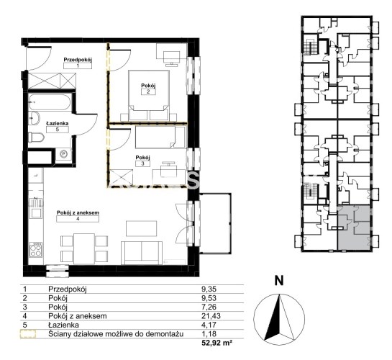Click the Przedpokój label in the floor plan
click(78, 60)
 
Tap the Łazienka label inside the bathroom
click(58, 123)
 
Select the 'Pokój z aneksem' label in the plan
click(78, 212)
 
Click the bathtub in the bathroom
click(50, 102)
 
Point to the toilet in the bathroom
click(36, 138)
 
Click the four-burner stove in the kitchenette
click(36, 249)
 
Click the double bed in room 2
click(148, 96)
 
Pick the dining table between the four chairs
click(84, 248)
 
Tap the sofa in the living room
click(142, 253)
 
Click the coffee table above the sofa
click(142, 228)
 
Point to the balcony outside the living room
click(215, 223)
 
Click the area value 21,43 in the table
click(211, 316)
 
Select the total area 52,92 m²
click(216, 343)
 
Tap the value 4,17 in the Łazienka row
click(209, 325)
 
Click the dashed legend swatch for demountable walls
click(28, 334)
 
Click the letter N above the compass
click(279, 281)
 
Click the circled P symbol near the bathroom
click(64, 153)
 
